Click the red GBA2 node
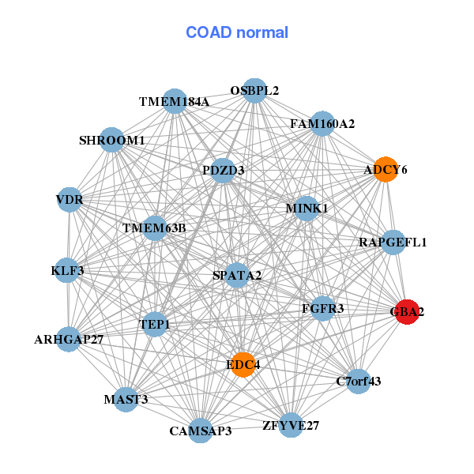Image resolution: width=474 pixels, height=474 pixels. point(407,312)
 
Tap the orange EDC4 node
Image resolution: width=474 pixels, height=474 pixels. point(243,364)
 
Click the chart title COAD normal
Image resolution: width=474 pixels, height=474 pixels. point(237,33)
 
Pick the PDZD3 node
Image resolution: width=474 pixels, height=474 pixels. point(224,170)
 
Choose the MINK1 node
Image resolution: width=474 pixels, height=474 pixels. point(307,209)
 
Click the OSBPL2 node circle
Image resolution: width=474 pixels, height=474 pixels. point(254,91)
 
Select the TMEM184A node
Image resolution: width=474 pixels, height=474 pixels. point(175,101)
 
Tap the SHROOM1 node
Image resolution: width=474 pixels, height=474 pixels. point(112,141)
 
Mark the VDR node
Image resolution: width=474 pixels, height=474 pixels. point(70,200)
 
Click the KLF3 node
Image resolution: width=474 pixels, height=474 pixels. point(68,270)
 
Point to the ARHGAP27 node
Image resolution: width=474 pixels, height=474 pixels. point(70,340)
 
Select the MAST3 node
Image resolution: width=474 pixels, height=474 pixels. point(126,399)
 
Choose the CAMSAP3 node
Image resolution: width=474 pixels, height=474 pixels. point(201,431)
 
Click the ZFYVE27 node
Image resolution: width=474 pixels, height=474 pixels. point(291,426)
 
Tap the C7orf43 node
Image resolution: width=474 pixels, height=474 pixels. point(358,382)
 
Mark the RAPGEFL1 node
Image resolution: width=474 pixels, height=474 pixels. point(393,242)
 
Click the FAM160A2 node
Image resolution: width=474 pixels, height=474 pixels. point(322,124)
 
